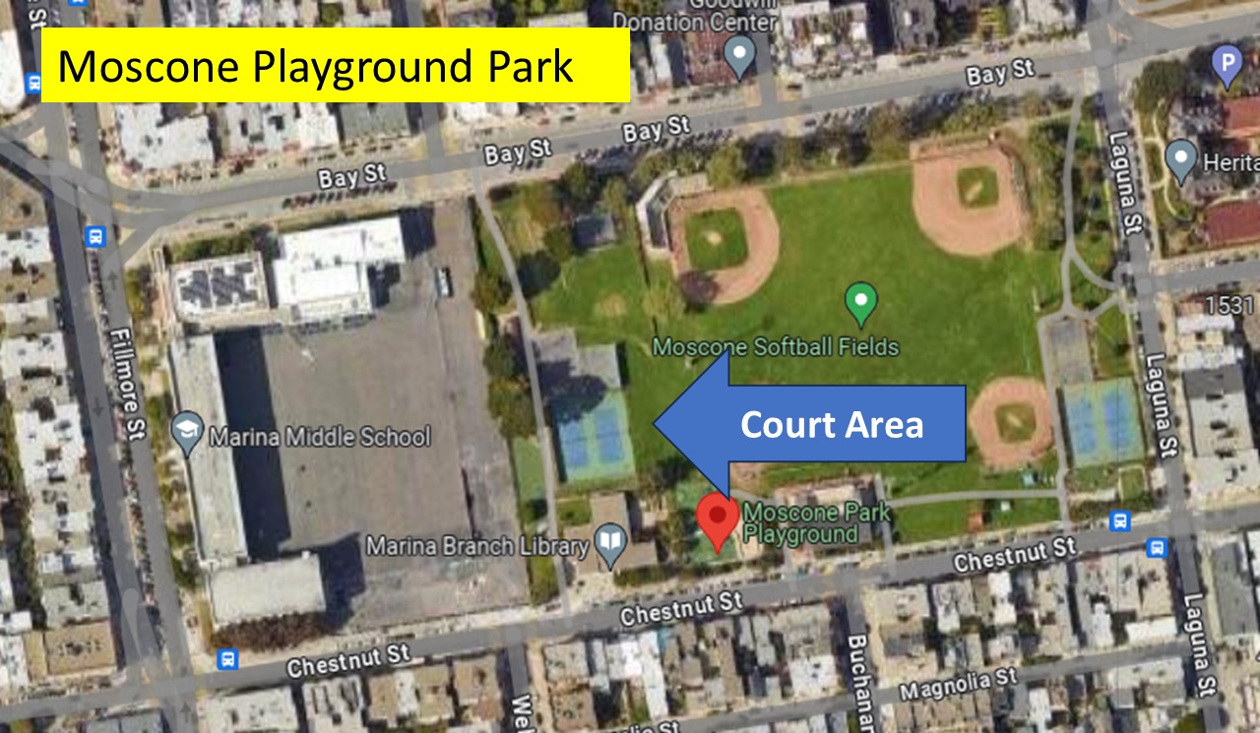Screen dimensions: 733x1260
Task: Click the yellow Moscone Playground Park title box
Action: [335, 65]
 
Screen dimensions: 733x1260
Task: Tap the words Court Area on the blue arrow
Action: [832, 424]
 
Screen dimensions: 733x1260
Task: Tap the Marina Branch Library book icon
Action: [611, 543]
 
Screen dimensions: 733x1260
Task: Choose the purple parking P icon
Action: [1227, 67]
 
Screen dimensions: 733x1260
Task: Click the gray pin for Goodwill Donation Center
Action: [739, 56]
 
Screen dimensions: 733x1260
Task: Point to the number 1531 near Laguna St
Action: [1229, 305]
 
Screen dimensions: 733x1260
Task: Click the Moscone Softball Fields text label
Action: [776, 346]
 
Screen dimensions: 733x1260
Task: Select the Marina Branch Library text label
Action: [478, 544]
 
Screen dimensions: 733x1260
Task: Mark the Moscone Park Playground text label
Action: [816, 522]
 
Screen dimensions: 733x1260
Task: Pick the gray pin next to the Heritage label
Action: [1180, 158]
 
